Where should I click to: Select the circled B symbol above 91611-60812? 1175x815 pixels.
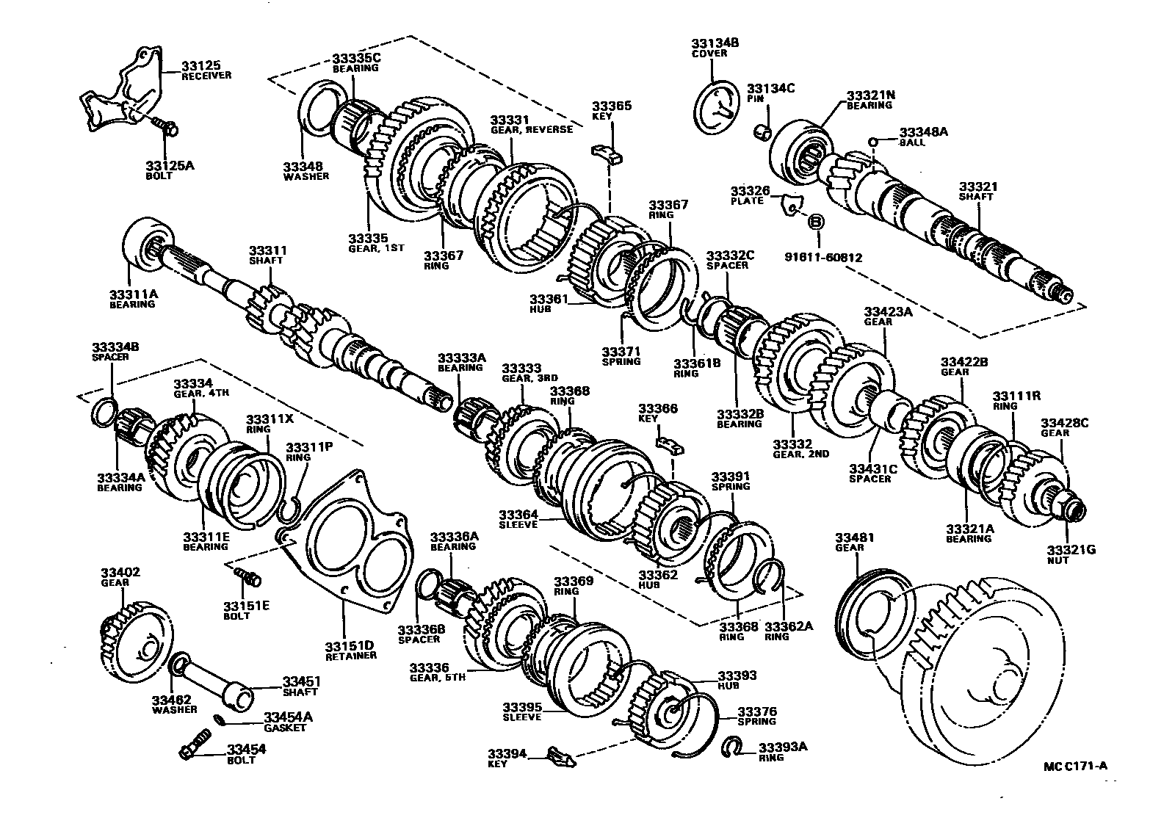(x=816, y=222)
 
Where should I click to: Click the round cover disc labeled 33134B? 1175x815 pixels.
(x=717, y=107)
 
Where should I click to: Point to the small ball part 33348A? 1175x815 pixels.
(x=873, y=142)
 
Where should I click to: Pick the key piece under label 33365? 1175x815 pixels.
(x=607, y=152)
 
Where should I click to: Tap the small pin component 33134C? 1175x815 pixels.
(x=763, y=131)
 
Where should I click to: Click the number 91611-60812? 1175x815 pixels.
(x=822, y=258)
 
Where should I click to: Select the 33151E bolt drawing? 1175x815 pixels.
(x=250, y=578)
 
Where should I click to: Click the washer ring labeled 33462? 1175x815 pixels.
(x=178, y=666)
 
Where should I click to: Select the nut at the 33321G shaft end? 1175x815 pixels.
(x=1074, y=508)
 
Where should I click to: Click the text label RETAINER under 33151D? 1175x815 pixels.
(x=350, y=656)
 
